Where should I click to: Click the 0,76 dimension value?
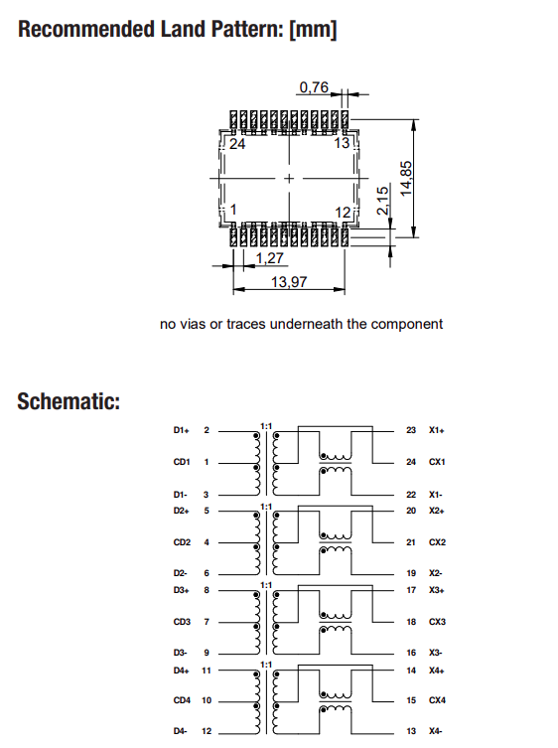point(313,87)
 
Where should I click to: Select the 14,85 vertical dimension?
point(407,178)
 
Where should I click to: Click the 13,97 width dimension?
point(288,282)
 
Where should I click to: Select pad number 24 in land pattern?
point(237,144)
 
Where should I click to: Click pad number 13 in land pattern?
point(343,144)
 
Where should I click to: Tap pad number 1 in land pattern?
point(233,211)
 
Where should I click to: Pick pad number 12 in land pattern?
point(343,212)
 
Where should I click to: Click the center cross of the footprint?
point(289,178)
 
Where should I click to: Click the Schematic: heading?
point(69,402)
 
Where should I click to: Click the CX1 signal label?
point(438,462)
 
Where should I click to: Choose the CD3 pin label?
point(182,623)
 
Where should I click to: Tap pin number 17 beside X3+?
point(411,591)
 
